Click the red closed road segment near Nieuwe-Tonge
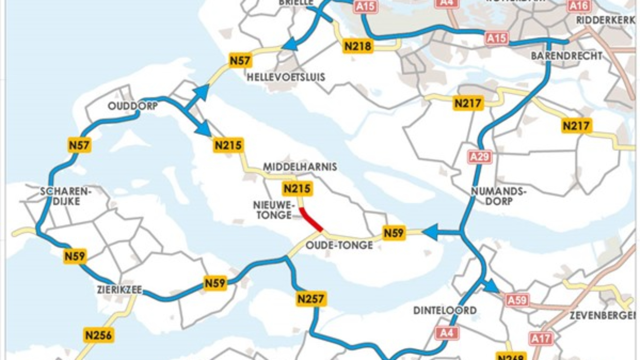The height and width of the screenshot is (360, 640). tap(311, 219)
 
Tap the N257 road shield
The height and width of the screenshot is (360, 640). tap(311, 299)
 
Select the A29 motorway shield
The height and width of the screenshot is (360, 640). tap(479, 157)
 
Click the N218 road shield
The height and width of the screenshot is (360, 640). tap(358, 46)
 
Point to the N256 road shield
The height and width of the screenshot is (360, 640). tap(98, 335)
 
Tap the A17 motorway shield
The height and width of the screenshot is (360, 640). tap(540, 339)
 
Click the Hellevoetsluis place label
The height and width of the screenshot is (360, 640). tap(286, 77)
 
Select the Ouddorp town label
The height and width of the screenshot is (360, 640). tap(133, 106)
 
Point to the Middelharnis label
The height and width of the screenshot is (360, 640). tap(300, 167)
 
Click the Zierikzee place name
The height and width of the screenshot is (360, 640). tap(120, 289)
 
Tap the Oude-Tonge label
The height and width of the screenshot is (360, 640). tap(339, 245)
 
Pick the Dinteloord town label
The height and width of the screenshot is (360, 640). tap(445, 310)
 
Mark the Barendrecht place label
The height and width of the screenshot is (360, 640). tap(566, 56)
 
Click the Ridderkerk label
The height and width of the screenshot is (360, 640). tap(605, 20)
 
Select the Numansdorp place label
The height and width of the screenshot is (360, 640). tap(499, 196)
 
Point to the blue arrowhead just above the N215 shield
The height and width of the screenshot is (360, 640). tap(204, 129)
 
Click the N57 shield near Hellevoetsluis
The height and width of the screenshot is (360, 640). tap(240, 61)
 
